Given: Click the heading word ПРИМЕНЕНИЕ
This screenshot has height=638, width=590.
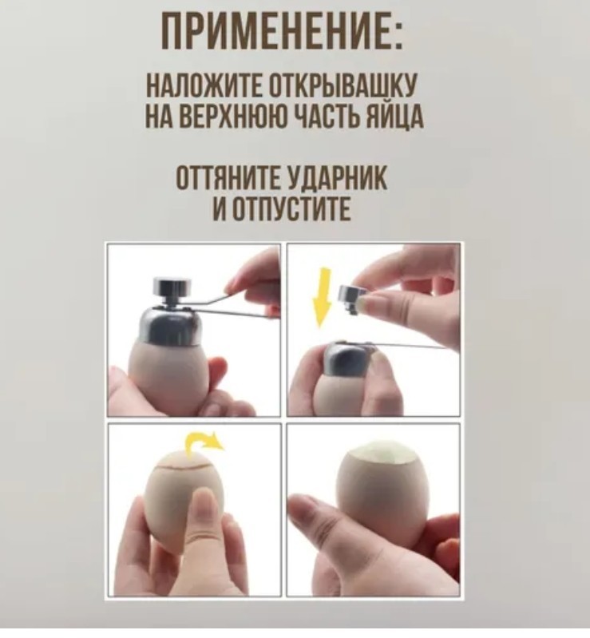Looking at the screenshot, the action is click(x=275, y=31).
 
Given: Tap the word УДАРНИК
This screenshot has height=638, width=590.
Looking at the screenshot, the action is click(x=337, y=179).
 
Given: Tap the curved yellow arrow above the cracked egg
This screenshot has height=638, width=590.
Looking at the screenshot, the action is click(x=204, y=445).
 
